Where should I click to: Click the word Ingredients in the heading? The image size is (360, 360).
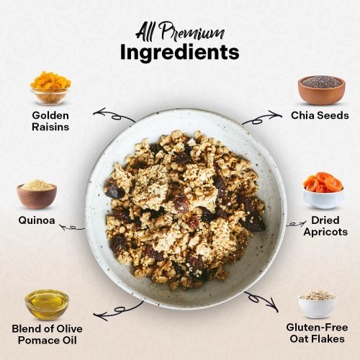coord(179,53)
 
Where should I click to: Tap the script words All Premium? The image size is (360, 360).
coord(180,32)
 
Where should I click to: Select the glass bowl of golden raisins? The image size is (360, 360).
coord(50,88)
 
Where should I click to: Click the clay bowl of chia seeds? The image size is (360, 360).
coord(322,90)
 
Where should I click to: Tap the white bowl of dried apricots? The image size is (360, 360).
coord(323,191)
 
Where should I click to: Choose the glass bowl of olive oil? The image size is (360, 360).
coord(47,305)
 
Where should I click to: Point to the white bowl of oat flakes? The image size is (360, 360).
coord(317,304)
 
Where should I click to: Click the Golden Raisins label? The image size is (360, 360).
coord(50,121)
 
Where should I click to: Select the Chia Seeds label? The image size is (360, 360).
coord(320,115)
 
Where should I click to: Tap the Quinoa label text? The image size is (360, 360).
coord(37,220)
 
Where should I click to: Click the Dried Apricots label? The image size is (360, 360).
coord(325,226)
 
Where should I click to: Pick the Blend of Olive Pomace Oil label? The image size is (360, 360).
coord(47,335)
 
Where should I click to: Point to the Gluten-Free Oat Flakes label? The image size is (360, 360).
coord(317,333)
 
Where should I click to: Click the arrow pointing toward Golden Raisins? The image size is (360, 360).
coord(114,116)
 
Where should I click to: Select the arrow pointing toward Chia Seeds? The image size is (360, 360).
coord(261,118)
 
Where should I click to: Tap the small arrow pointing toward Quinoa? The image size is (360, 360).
coord(72,228)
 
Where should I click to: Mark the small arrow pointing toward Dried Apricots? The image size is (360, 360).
coord(297,225)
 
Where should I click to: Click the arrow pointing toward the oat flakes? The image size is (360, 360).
coord(261,300)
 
